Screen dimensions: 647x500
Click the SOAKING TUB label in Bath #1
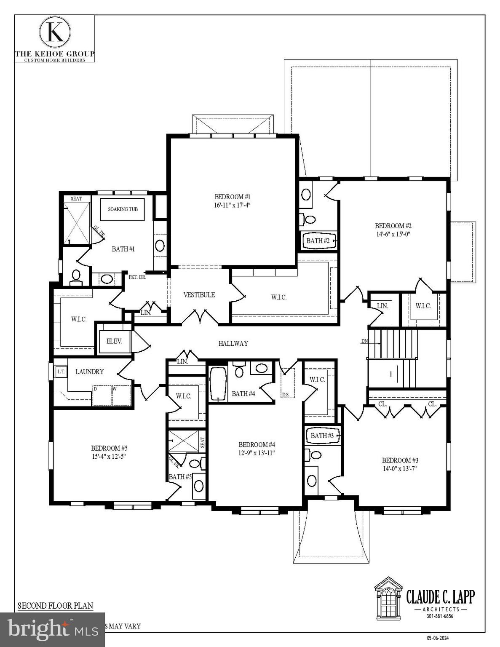(x=123, y=209)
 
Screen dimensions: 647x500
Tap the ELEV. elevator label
(x=114, y=341)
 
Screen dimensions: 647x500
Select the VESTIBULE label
(x=199, y=295)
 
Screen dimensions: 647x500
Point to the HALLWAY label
(x=233, y=343)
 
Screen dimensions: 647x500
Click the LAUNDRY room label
(x=89, y=372)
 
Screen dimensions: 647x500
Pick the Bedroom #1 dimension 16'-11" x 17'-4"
(x=233, y=205)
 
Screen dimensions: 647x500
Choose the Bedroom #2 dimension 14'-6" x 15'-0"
(x=393, y=234)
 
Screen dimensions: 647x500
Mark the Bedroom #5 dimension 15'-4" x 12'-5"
(x=109, y=456)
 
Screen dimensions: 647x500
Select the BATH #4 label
(x=243, y=394)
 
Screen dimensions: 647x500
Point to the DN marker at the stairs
(x=364, y=341)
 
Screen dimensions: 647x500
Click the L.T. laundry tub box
(x=61, y=372)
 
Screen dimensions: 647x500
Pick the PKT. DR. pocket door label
(x=137, y=277)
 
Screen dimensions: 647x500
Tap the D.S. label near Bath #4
(x=285, y=395)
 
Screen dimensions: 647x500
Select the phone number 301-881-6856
(x=440, y=616)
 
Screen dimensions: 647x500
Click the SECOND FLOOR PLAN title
(x=55, y=606)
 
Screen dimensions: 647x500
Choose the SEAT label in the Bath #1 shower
(x=76, y=199)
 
